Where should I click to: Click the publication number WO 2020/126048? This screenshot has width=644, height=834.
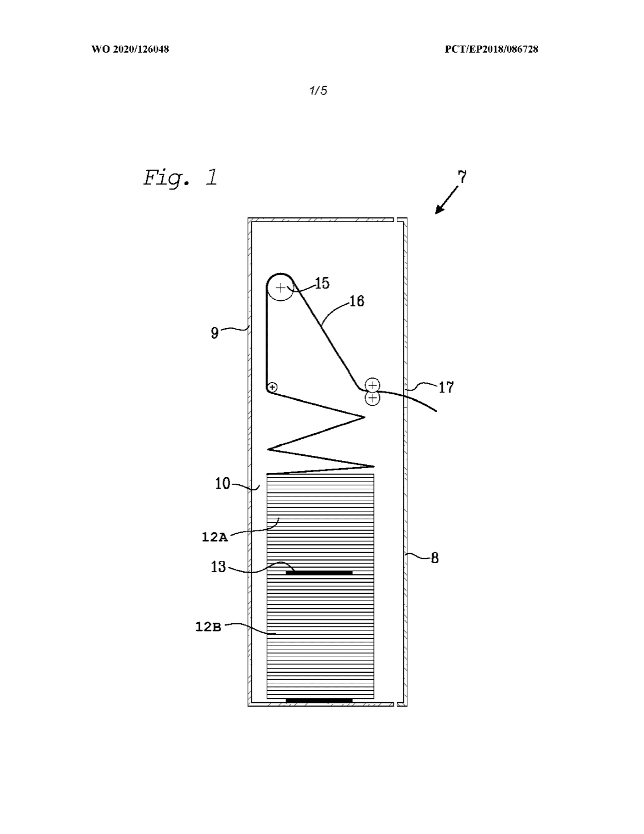(x=130, y=49)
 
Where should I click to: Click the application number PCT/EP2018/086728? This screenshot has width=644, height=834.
(x=491, y=49)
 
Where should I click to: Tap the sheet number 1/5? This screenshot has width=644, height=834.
(x=318, y=91)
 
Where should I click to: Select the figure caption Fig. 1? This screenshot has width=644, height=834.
(x=181, y=178)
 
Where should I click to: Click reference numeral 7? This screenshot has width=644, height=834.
(x=462, y=177)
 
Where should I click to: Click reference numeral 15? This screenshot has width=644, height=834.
(x=322, y=283)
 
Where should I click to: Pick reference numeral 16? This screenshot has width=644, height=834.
(x=357, y=301)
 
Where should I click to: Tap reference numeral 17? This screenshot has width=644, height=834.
(x=446, y=388)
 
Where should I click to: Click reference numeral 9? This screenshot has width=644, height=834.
(x=215, y=332)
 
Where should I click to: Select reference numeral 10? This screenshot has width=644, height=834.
(x=222, y=484)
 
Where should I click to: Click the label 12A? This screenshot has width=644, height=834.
(x=215, y=537)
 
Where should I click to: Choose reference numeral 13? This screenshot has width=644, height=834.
(x=218, y=567)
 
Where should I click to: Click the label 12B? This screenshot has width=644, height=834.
(x=208, y=627)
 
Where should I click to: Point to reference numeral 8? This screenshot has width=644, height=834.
(x=435, y=558)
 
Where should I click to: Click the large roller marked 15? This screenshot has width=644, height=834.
(x=281, y=287)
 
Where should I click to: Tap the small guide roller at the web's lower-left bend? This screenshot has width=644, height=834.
(x=272, y=387)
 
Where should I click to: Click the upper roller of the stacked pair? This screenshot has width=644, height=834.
(x=372, y=385)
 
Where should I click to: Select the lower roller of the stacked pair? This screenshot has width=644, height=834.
(x=372, y=399)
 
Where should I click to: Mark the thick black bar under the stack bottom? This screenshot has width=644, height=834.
(x=319, y=701)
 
